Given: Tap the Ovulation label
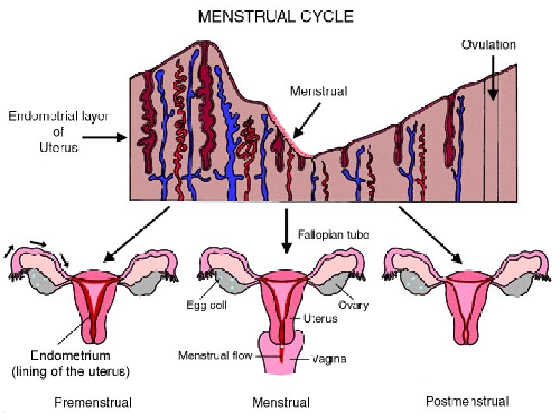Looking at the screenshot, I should [x=488, y=45].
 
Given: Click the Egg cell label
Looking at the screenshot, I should [x=205, y=306].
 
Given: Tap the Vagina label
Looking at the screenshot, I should [x=328, y=359].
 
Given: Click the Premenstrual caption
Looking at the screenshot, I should [x=93, y=403].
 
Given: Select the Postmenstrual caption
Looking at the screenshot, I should [x=467, y=401].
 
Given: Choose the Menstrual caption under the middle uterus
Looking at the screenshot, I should [x=281, y=403].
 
